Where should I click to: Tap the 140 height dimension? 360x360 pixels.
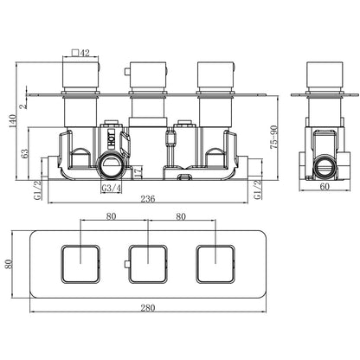click(12, 122)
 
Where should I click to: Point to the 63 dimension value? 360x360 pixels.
click(24, 153)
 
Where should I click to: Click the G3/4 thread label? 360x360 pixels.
click(112, 188)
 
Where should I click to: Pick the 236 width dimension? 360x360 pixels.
click(148, 199)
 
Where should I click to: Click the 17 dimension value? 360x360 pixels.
click(138, 172)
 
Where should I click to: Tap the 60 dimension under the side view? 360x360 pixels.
click(325, 187)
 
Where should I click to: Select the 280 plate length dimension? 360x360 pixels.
click(148, 308)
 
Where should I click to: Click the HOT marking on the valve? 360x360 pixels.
click(112, 139)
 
